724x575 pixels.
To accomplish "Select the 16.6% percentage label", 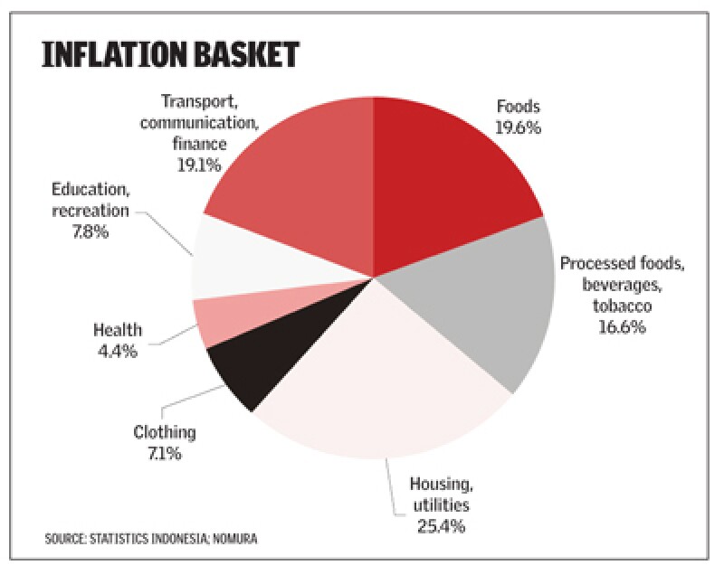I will click(x=621, y=327).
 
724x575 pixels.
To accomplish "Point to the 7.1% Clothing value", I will click(x=164, y=453).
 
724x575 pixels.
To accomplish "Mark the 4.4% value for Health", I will click(x=118, y=351).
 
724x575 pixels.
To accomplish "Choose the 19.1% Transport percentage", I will click(x=195, y=165).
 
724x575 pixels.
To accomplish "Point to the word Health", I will click(x=118, y=330).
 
